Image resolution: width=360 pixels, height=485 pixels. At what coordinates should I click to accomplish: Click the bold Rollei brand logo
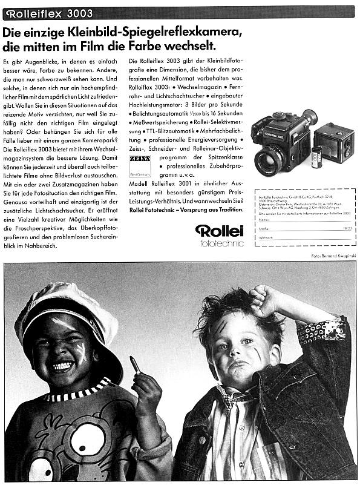[x=219, y=231]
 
